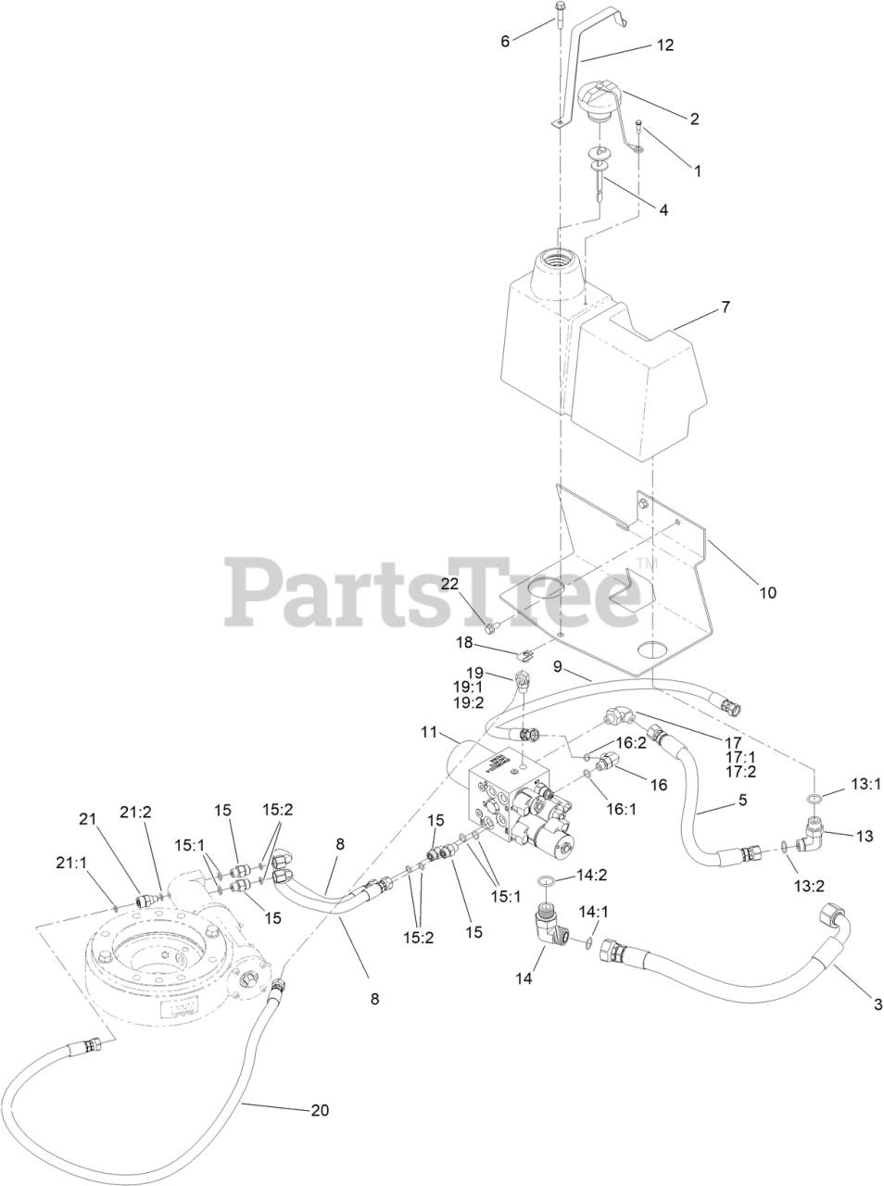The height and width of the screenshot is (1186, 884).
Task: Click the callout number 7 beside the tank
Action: tap(725, 307)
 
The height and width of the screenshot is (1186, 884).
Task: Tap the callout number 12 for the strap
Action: tap(665, 44)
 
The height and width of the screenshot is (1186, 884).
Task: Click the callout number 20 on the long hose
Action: tap(320, 1109)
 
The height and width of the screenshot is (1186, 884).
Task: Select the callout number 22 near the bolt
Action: tap(449, 582)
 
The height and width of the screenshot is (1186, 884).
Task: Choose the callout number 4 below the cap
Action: tap(663, 209)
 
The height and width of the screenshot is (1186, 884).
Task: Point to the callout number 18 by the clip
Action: tap(464, 642)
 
